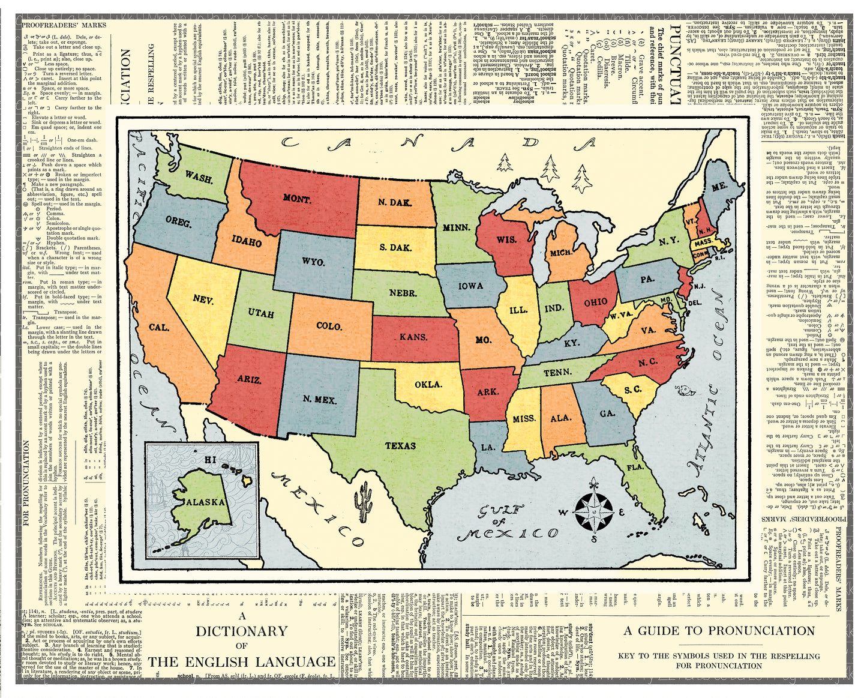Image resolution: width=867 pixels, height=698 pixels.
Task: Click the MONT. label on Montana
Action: coord(296,199)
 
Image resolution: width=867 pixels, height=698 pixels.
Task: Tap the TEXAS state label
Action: coord(400,445)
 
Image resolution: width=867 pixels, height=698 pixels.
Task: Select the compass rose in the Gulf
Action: coord(593,512)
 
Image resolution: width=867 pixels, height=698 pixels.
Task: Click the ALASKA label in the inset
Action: coord(206,502)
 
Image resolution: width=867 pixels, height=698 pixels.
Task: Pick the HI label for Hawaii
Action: coord(209,460)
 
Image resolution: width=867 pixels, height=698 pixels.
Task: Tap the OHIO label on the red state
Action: coord(595,302)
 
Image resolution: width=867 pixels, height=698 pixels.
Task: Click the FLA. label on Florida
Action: coord(635,467)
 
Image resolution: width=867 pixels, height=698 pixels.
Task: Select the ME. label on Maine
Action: coord(719,187)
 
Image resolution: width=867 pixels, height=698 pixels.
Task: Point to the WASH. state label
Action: coord(198,178)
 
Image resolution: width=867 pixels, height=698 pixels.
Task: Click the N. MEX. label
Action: coord(320,400)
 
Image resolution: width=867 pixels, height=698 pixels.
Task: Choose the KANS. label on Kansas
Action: coord(413,337)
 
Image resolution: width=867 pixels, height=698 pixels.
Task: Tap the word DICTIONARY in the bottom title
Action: coord(242,631)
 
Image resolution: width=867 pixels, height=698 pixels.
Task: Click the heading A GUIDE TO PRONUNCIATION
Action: coord(719,631)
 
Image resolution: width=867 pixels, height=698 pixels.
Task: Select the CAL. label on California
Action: coord(159,328)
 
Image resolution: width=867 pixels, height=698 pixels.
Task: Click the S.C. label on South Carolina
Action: coord(632,390)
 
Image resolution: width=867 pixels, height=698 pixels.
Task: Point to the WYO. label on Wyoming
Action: coord(313,262)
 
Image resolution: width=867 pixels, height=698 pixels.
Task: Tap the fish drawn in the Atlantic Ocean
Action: coord(683,391)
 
